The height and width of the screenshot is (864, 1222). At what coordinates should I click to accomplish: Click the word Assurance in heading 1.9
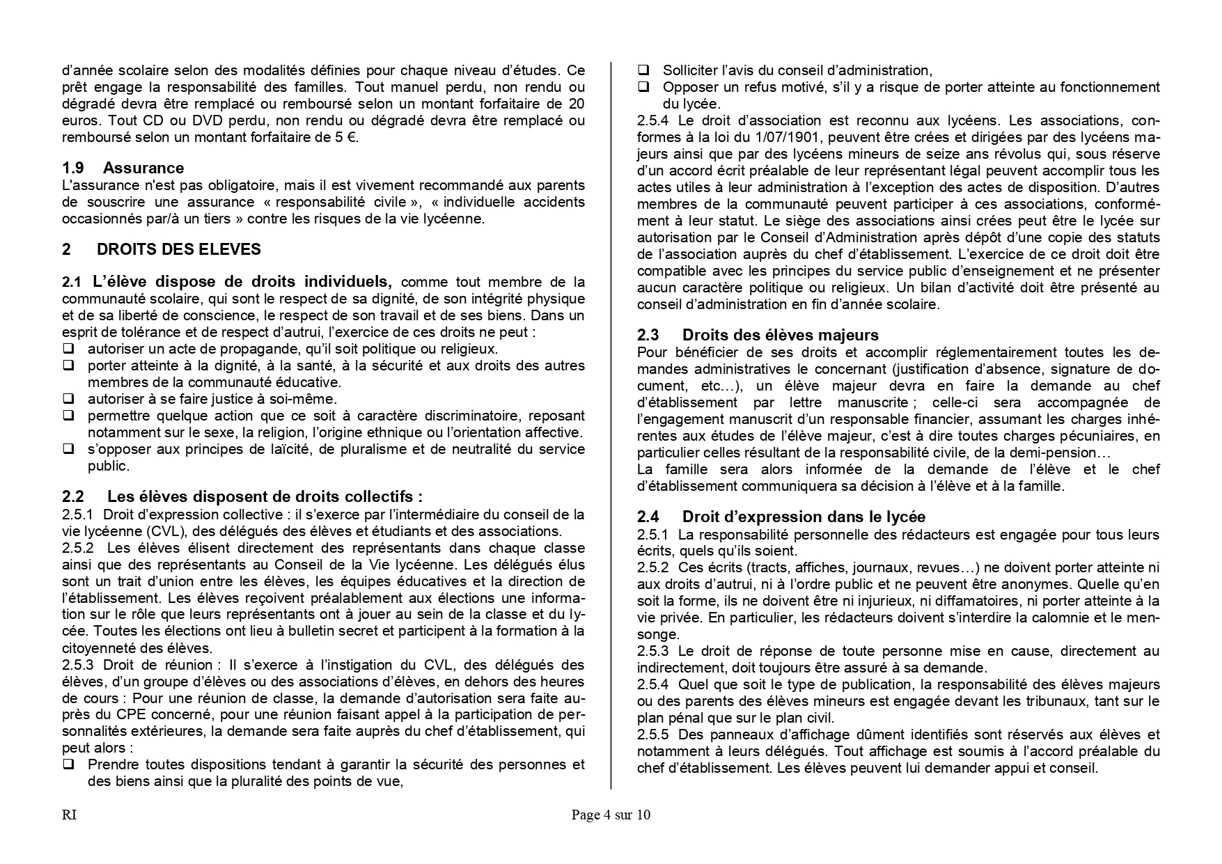click(x=143, y=168)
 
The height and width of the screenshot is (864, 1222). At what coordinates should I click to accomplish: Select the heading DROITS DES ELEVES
click(x=178, y=249)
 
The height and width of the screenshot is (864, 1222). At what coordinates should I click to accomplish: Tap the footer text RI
click(x=69, y=815)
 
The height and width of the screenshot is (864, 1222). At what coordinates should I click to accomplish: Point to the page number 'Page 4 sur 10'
click(x=611, y=815)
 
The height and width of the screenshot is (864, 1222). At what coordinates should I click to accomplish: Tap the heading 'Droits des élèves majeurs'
click(x=780, y=335)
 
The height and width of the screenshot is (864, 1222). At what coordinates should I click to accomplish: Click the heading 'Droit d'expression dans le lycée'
click(x=804, y=517)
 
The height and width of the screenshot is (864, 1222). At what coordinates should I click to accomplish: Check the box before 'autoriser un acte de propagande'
click(x=69, y=349)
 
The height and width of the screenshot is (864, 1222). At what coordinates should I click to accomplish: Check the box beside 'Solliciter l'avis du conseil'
click(x=644, y=70)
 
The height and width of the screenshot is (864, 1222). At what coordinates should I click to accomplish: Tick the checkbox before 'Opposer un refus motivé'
click(x=644, y=87)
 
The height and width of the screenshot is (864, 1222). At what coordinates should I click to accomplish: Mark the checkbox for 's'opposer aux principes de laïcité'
click(x=69, y=449)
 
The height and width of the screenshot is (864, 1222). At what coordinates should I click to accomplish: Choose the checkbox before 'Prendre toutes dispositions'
click(x=69, y=765)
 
